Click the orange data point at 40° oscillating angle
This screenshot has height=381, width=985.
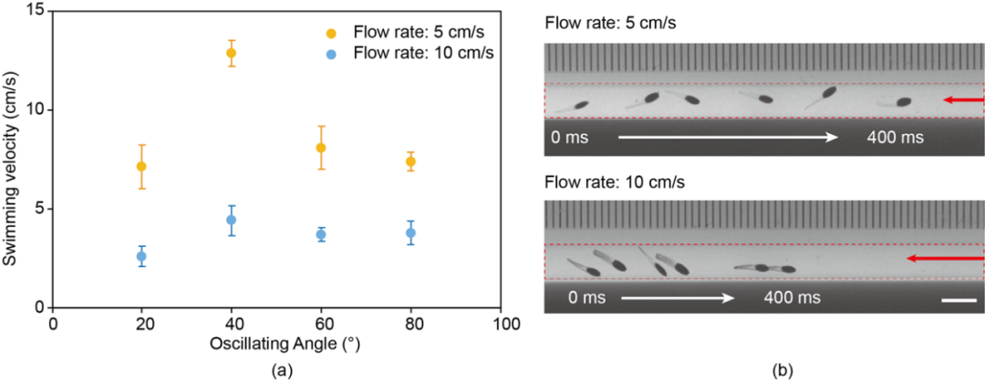(231, 53)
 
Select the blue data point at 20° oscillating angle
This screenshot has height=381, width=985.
(141, 257)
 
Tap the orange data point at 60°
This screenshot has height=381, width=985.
(321, 148)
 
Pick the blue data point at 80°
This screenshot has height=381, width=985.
(410, 233)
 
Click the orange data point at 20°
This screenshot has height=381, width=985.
(141, 167)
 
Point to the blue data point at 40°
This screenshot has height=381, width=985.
(231, 220)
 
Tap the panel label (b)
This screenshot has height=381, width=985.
(782, 369)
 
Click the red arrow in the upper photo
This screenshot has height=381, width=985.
(964, 99)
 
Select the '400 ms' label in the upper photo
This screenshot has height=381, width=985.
(895, 139)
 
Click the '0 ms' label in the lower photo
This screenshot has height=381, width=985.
(589, 297)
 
